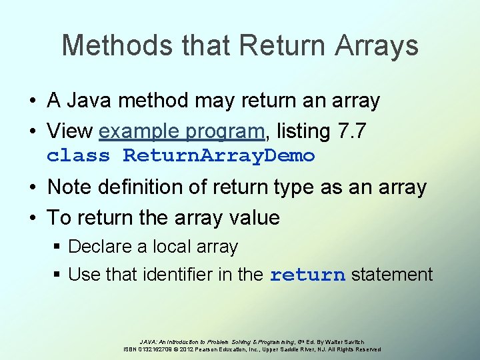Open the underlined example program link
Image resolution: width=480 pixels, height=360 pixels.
(x=181, y=132)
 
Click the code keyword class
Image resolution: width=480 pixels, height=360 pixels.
(x=78, y=156)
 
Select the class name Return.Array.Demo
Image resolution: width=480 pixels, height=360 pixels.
(x=219, y=156)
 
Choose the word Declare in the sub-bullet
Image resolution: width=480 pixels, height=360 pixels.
(x=100, y=247)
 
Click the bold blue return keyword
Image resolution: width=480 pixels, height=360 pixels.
(x=307, y=275)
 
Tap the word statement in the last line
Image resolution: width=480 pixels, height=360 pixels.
(x=392, y=275)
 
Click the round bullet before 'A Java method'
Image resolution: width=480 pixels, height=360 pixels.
(x=32, y=101)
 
